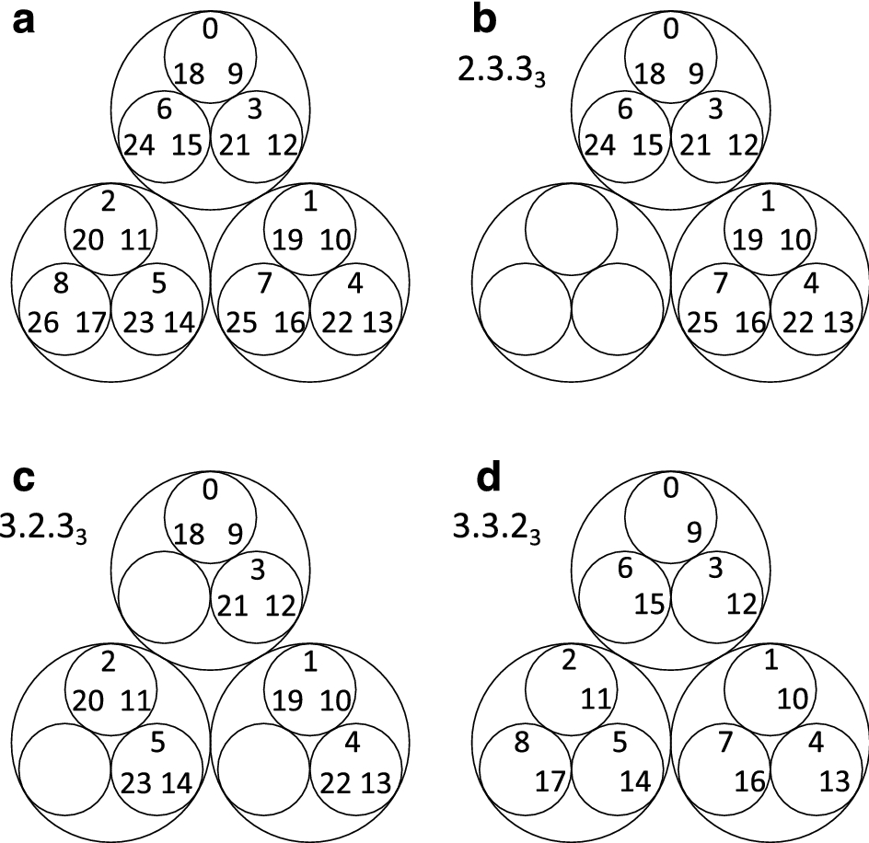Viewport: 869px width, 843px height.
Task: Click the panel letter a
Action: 25,21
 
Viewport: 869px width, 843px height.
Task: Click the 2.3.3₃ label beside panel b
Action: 501,70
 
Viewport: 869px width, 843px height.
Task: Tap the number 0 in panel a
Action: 211,30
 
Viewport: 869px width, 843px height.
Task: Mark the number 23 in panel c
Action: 139,783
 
